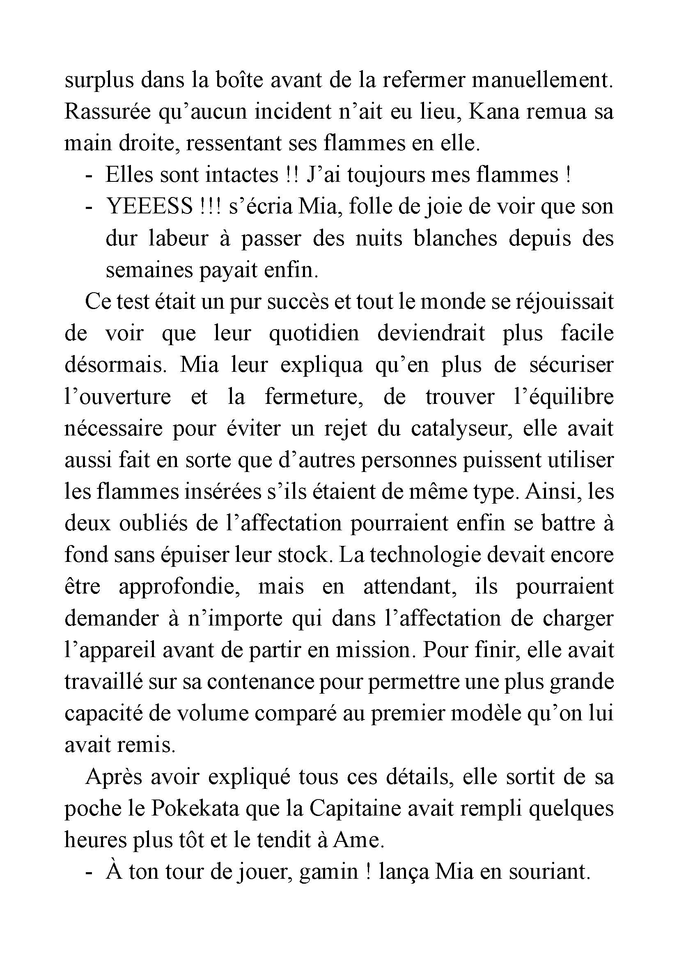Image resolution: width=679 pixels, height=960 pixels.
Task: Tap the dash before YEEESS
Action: click(x=88, y=207)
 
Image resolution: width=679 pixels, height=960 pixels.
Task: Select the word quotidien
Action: click(x=314, y=333)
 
